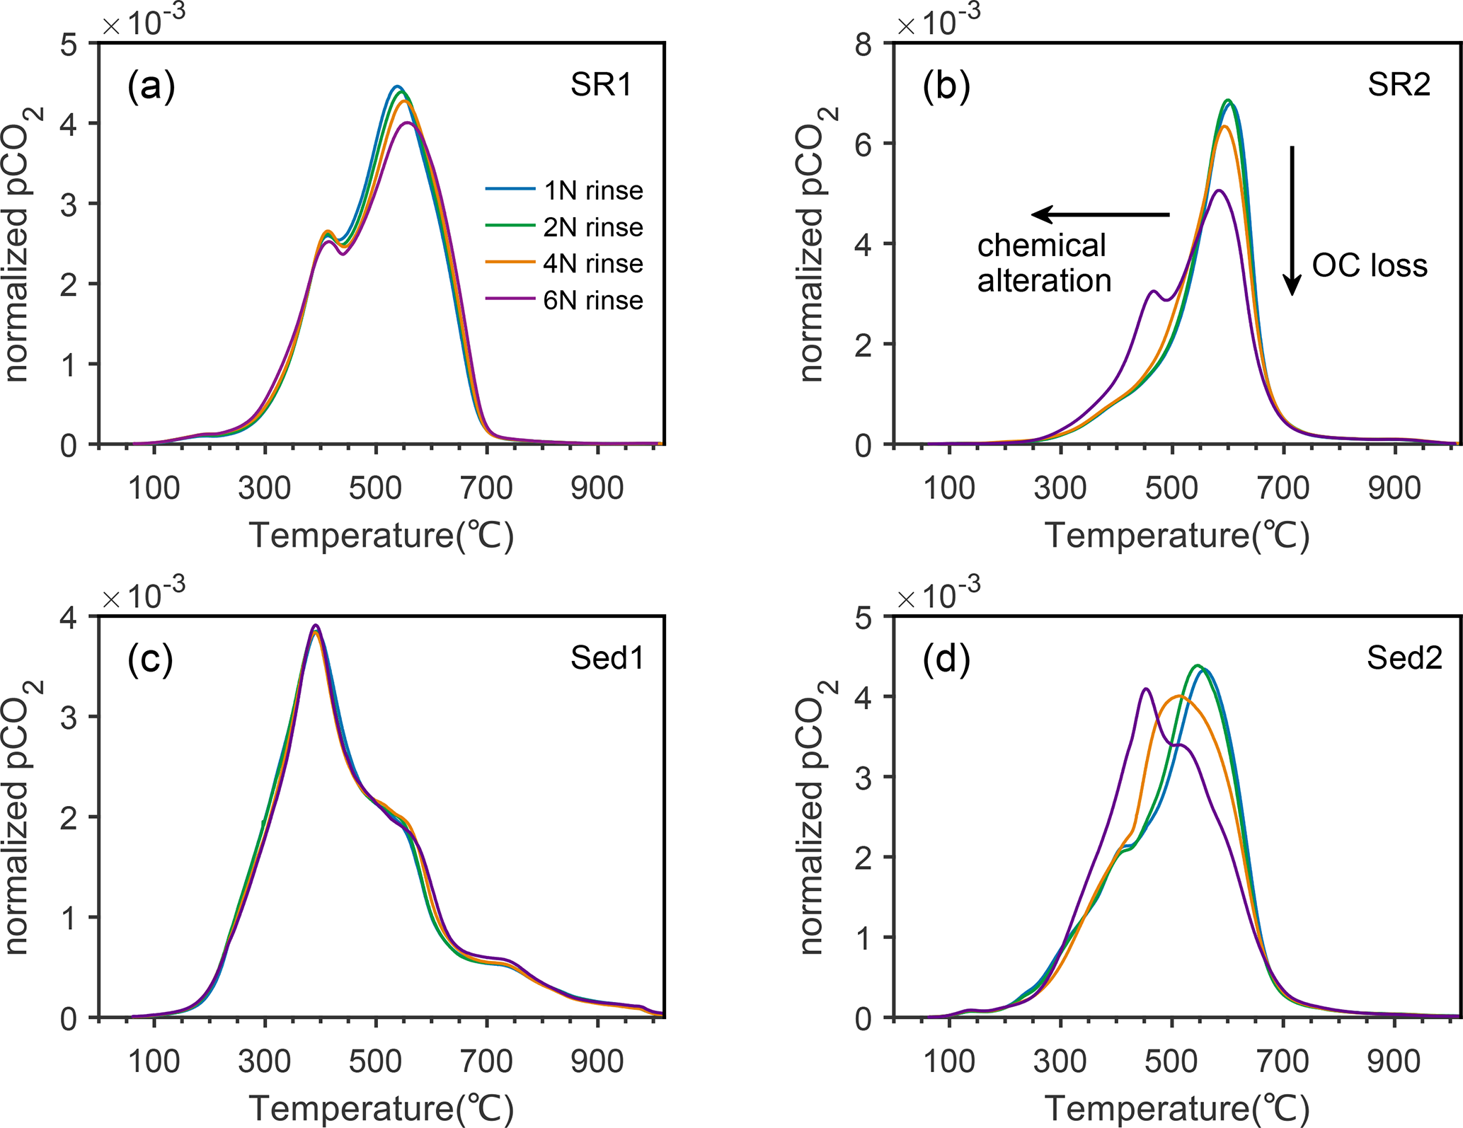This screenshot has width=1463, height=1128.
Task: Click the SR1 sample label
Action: (x=601, y=86)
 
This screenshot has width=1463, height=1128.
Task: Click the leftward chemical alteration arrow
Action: (x=1101, y=214)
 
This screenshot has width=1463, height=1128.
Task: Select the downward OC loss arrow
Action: (x=1292, y=219)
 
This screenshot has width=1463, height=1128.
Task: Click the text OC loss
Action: (x=1370, y=266)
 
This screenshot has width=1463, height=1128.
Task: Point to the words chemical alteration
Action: (x=1044, y=263)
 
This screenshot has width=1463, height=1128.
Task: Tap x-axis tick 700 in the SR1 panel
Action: (x=486, y=488)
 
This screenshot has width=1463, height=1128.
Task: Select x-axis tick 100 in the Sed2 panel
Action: (x=949, y=1061)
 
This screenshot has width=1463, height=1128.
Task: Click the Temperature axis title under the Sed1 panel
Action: (x=381, y=1107)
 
